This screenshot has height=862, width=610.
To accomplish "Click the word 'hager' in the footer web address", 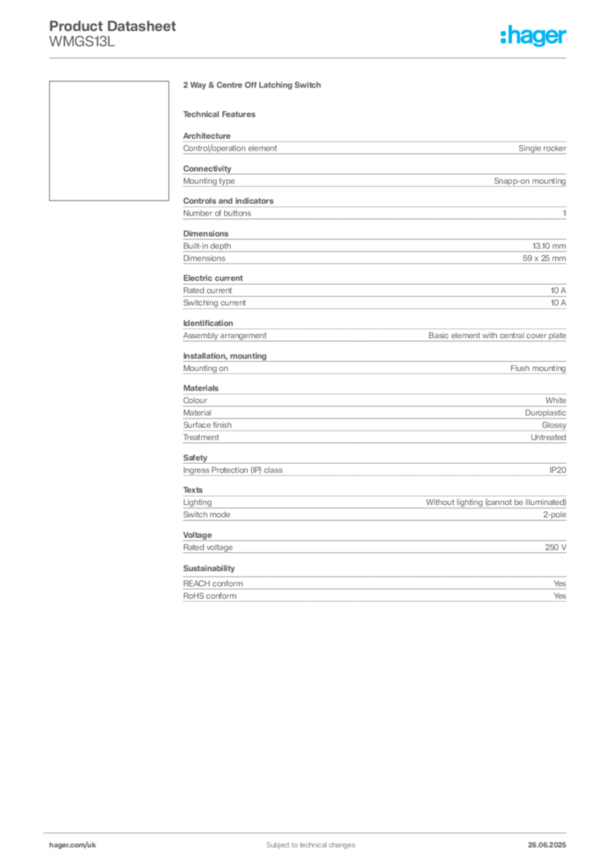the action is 58,844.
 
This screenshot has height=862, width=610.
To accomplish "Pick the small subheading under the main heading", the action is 222,114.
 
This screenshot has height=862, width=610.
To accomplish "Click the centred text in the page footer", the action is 304,840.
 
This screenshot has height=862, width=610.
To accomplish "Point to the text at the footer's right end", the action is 552,841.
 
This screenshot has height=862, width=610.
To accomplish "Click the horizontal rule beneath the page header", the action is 310,57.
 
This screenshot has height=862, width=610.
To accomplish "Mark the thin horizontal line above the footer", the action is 310,831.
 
